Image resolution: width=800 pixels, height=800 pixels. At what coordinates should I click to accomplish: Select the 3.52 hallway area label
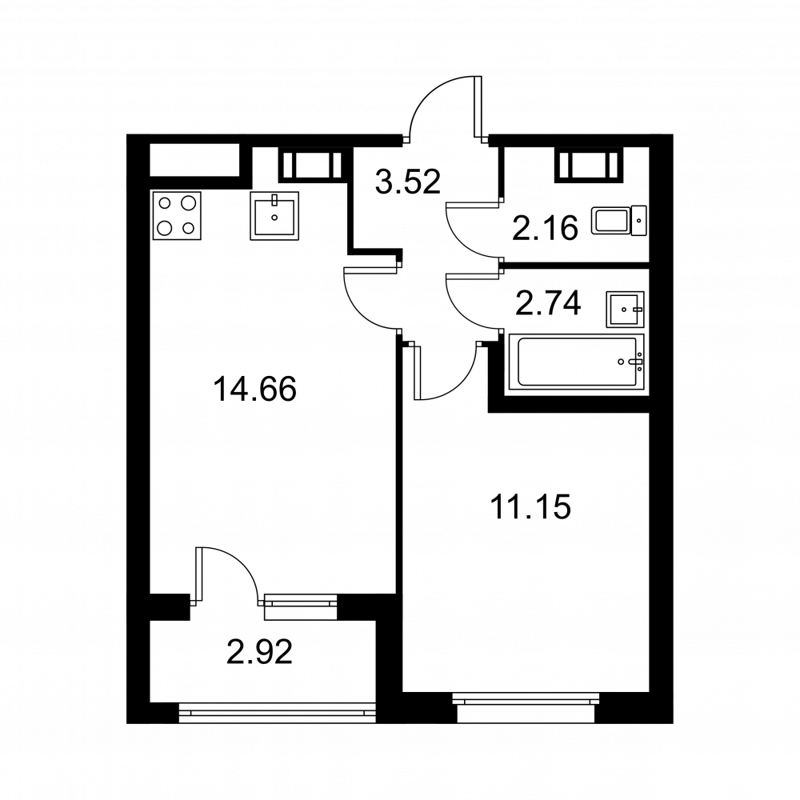click(x=408, y=182)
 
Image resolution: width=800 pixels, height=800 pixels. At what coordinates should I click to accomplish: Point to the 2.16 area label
click(x=545, y=230)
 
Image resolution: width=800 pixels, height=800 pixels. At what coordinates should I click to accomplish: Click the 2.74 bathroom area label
click(x=548, y=305)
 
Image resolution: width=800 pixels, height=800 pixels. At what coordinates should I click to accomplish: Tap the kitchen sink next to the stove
click(x=274, y=215)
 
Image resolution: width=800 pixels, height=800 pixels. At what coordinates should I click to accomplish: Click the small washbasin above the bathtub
click(x=626, y=309)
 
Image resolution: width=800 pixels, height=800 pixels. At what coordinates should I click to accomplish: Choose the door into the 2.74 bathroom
click(x=472, y=300)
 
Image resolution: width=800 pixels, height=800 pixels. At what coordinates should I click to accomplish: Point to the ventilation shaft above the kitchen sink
click(x=309, y=166)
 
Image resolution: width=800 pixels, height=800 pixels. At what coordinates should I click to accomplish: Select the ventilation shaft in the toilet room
click(x=589, y=166)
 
